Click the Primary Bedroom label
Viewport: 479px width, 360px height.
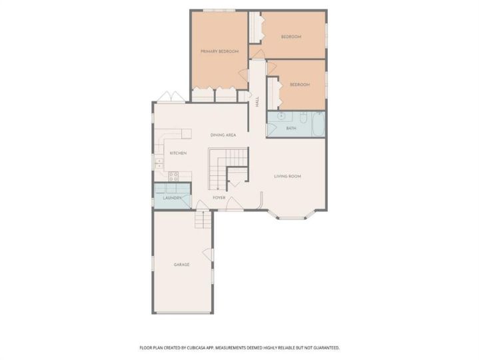pyautogui.click(x=219, y=51)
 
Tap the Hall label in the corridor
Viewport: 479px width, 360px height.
pyautogui.click(x=257, y=101)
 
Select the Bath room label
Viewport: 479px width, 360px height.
pyautogui.click(x=291, y=129)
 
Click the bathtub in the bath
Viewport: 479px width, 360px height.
pyautogui.click(x=318, y=124)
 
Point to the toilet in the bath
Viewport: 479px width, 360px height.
pyautogui.click(x=302, y=117)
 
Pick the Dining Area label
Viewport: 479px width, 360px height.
pyautogui.click(x=223, y=135)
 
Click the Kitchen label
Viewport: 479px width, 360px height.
pyautogui.click(x=178, y=153)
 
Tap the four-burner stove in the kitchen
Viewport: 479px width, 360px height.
pyautogui.click(x=173, y=176)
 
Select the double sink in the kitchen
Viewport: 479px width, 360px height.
pyautogui.click(x=159, y=163)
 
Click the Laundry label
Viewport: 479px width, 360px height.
pyautogui.click(x=173, y=198)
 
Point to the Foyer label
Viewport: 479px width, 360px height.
pyautogui.click(x=219, y=198)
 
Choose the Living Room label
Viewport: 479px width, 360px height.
pyautogui.click(x=287, y=176)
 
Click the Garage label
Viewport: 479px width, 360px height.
pyautogui.click(x=181, y=265)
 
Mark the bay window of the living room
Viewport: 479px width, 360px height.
pyautogui.click(x=291, y=217)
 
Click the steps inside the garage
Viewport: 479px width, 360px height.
pyautogui.click(x=203, y=219)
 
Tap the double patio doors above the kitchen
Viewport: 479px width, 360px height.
pyautogui.click(x=171, y=97)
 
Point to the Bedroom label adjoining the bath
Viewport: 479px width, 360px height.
pyautogui.click(x=300, y=85)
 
